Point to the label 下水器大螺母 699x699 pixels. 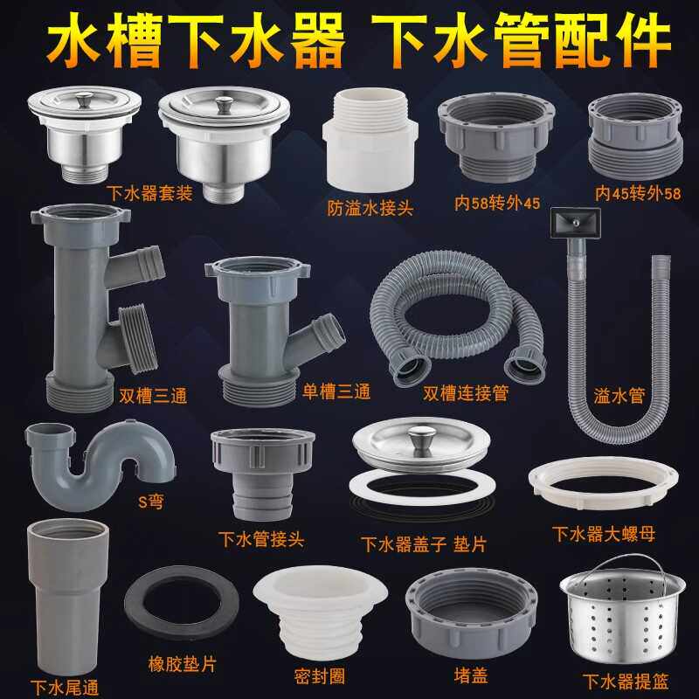pyautogui.click(x=603, y=532)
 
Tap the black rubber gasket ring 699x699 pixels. pyautogui.click(x=183, y=607)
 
